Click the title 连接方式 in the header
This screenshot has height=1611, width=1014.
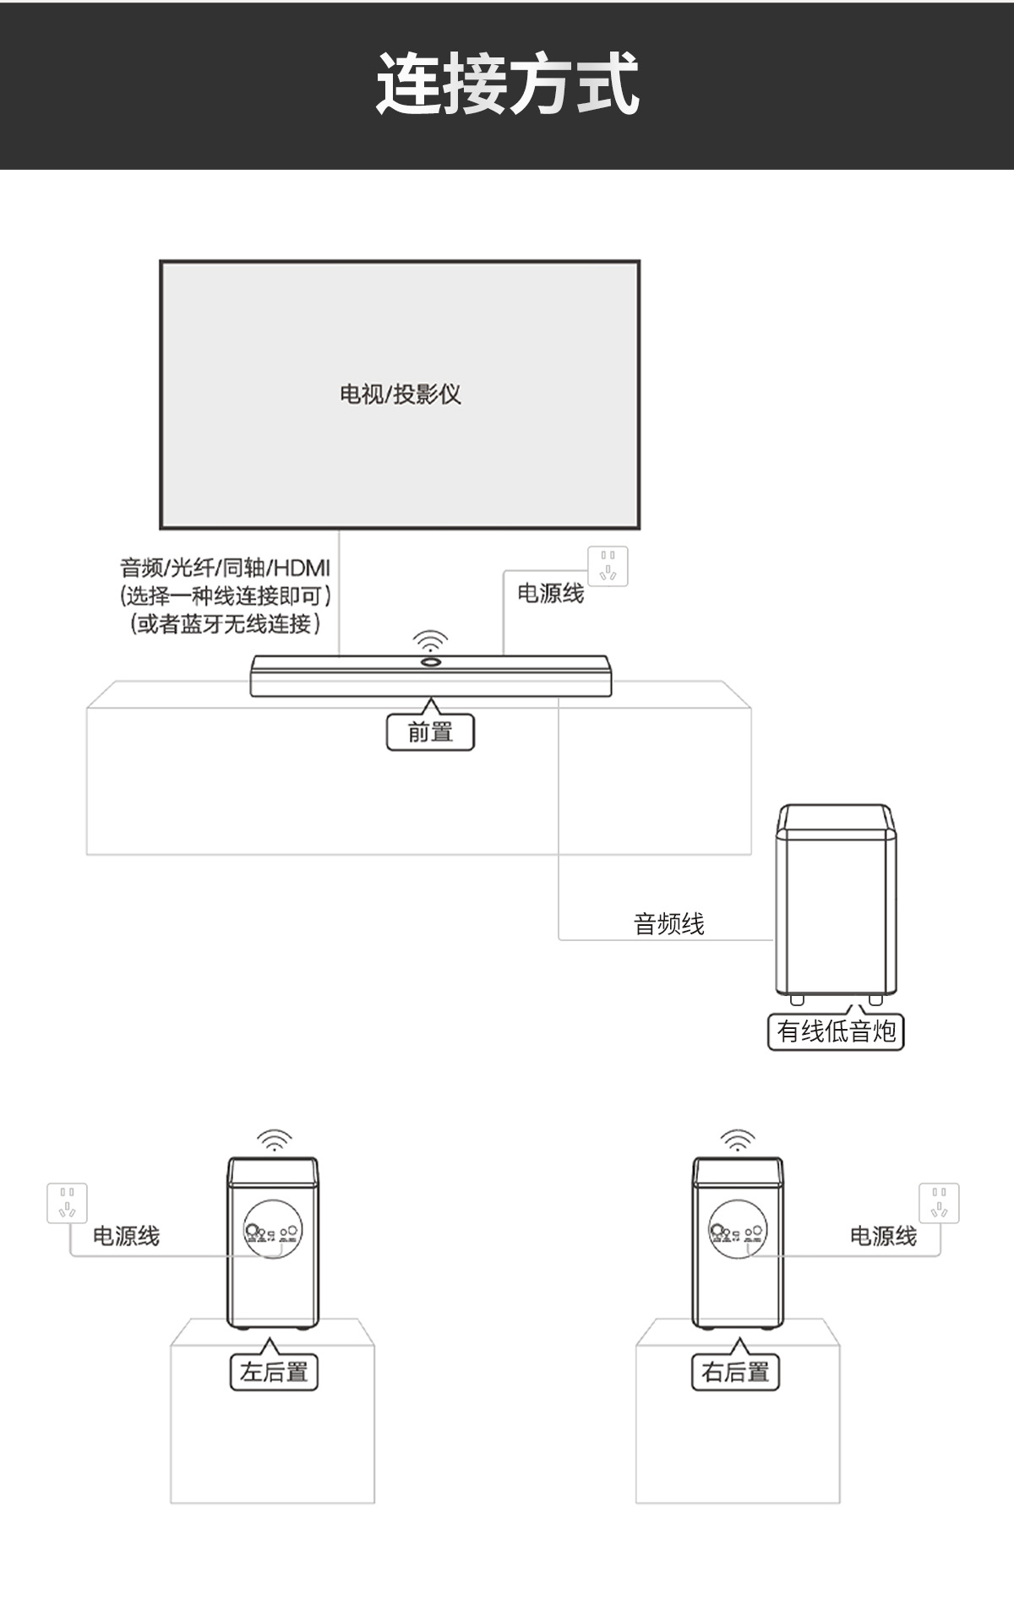click(507, 84)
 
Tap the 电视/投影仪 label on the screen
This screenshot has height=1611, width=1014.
click(401, 394)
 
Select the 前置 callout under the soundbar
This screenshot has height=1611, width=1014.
click(430, 732)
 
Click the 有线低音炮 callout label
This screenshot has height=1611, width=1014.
click(836, 1031)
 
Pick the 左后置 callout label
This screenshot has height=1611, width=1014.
click(274, 1372)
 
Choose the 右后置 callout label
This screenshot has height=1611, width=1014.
click(735, 1372)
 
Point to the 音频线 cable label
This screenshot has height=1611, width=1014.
click(668, 923)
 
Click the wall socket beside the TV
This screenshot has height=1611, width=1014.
click(608, 566)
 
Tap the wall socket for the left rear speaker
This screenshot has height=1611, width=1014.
click(68, 1203)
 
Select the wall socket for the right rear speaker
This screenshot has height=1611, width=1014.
click(939, 1203)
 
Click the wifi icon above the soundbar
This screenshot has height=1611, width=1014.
click(430, 640)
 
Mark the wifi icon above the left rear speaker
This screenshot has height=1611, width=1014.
click(274, 1139)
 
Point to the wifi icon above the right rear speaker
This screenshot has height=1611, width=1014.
click(738, 1139)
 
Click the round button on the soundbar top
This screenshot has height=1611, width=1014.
click(430, 661)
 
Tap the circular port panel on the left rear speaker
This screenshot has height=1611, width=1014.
click(272, 1230)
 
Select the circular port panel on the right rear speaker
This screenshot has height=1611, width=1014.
click(738, 1230)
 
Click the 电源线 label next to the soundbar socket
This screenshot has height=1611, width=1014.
click(550, 593)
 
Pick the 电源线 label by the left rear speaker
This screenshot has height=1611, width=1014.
click(126, 1236)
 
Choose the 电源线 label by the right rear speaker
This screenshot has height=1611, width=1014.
click(883, 1236)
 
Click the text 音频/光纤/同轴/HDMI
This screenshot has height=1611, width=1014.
click(225, 568)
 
